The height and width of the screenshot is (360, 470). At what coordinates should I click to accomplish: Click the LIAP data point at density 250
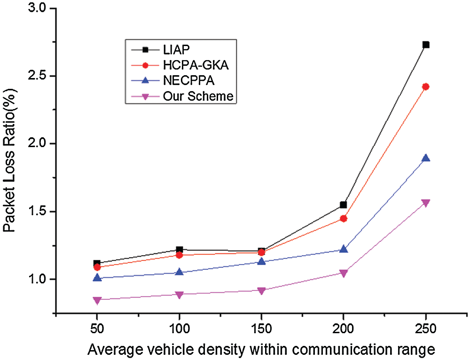(x=426, y=45)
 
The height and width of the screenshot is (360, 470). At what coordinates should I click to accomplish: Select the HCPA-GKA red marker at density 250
(x=426, y=86)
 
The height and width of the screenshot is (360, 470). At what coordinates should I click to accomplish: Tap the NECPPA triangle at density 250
(x=426, y=158)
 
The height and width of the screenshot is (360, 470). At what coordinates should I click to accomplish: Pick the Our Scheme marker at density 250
(x=426, y=203)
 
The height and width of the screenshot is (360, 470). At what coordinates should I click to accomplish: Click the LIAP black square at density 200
(x=344, y=205)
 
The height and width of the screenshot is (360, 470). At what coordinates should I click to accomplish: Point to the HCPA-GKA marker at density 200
(x=344, y=219)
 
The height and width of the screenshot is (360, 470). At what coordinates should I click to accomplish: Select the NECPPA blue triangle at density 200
(x=344, y=249)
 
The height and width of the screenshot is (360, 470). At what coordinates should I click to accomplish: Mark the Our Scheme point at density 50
(x=97, y=300)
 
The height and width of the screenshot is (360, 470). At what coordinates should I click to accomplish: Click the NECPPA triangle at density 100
(x=179, y=272)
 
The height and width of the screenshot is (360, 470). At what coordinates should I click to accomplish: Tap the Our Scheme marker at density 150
(x=261, y=290)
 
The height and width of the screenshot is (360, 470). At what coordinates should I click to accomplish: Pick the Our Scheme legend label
(x=198, y=96)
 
